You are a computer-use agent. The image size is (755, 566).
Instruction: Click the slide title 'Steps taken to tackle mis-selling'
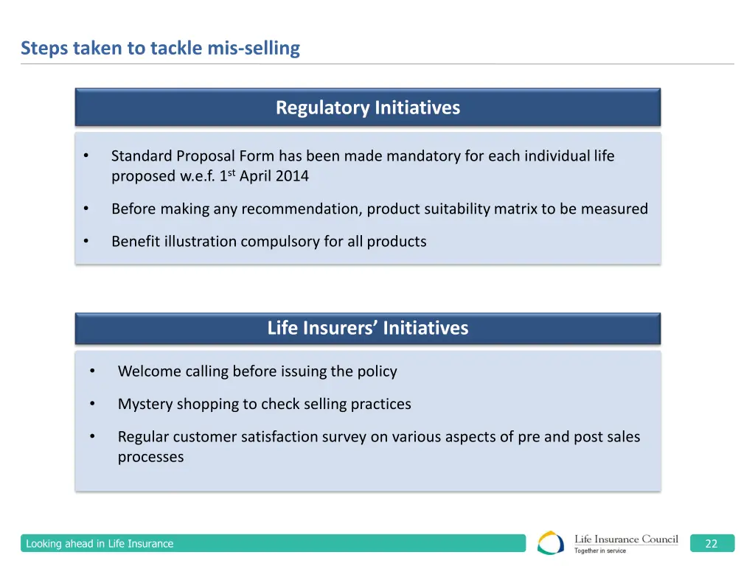[x=160, y=49]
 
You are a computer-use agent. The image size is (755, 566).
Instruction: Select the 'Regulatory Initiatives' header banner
[x=367, y=108]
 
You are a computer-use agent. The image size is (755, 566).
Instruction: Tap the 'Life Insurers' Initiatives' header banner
[x=367, y=328]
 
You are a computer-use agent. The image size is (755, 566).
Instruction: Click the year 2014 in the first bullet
[x=292, y=176]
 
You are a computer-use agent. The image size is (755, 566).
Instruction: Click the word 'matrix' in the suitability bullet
[x=515, y=209]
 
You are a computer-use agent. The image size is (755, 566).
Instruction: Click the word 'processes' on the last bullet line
[x=150, y=457]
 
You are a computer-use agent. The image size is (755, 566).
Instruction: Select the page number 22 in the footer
[x=711, y=544]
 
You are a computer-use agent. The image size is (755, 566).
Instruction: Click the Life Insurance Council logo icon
[x=551, y=543]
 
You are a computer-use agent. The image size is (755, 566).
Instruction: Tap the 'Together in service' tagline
[x=600, y=551]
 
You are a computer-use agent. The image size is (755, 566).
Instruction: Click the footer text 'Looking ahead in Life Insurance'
[x=100, y=544]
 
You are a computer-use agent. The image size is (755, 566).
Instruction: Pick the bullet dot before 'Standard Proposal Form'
[x=86, y=156]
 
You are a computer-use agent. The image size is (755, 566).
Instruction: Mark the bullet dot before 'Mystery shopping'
[x=92, y=404]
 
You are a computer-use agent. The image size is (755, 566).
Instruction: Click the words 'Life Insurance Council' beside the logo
[x=626, y=539]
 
